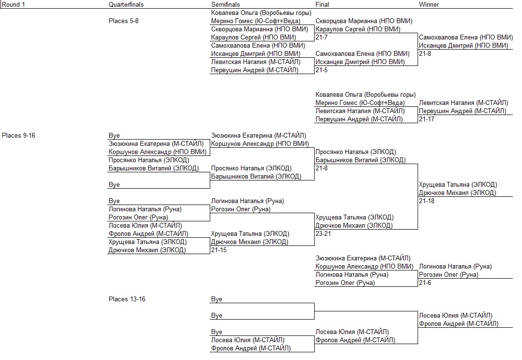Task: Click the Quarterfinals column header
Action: (126, 4)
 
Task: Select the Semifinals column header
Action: (225, 4)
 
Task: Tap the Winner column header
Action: (429, 4)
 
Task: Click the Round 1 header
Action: (13, 4)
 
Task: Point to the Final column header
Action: (322, 4)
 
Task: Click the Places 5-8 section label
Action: (124, 21)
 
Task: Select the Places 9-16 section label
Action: (18, 135)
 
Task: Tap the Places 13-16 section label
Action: (127, 299)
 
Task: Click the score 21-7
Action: (321, 37)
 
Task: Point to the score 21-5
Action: (321, 70)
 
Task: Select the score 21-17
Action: (427, 119)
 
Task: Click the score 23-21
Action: (323, 233)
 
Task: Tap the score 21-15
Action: (219, 250)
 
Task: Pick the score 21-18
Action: (427, 201)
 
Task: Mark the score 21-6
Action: (425, 283)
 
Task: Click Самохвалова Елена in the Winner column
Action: (445, 37)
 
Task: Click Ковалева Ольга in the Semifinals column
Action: (234, 13)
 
